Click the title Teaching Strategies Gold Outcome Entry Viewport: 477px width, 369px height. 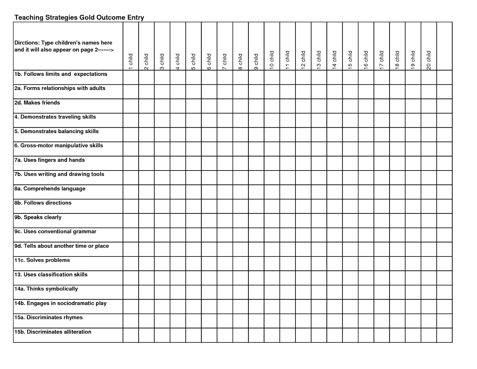79,17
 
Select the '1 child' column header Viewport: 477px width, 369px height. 131,61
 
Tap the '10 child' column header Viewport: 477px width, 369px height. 272,60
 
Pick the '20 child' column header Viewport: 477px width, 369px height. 429,60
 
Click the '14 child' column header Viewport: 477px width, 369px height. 334,60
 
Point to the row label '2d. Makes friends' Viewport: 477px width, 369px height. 37,103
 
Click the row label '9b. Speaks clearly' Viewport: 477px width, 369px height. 38,217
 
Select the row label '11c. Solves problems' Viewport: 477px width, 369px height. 42,260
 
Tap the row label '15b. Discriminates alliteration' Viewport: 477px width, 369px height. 53,332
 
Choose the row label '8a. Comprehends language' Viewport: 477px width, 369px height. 50,189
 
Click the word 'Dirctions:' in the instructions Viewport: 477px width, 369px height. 27,43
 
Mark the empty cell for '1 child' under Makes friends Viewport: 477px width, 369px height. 131,106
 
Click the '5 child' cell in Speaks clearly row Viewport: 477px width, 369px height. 193,221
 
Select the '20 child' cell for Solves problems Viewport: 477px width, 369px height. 429,264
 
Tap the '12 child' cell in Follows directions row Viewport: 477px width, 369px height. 303,206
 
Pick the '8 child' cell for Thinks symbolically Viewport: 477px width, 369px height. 241,292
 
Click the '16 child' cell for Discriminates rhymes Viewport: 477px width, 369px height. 366,321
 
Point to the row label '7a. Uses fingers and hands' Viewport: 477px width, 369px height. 49,160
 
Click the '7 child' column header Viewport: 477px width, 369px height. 225,61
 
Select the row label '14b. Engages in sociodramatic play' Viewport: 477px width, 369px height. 61,303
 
